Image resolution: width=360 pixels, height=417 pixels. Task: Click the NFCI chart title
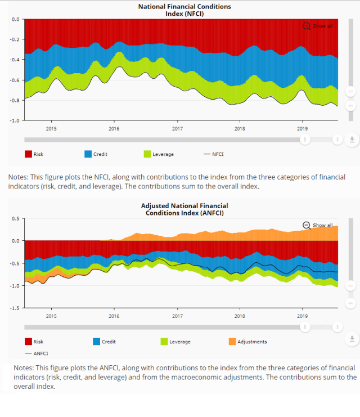click(184, 10)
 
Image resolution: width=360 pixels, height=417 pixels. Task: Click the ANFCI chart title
click(184, 209)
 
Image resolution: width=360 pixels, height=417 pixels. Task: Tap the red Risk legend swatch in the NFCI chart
click(28, 154)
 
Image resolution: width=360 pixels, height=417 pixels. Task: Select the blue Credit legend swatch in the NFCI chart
click(88, 154)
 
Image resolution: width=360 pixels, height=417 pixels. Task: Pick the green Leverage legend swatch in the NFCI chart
click(148, 154)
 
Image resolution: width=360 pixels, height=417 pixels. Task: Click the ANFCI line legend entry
click(37, 354)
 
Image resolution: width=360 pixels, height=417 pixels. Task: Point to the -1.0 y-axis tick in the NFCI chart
click(15, 120)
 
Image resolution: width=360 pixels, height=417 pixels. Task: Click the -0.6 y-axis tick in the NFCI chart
click(15, 80)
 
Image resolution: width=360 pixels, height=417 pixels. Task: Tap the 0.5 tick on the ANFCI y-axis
click(16, 218)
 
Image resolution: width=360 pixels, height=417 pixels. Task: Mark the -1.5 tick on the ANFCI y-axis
click(15, 308)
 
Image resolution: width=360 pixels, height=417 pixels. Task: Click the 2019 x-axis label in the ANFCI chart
click(302, 316)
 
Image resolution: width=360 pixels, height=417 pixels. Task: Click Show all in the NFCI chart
click(322, 26)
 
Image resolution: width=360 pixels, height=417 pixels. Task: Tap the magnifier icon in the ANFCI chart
click(306, 225)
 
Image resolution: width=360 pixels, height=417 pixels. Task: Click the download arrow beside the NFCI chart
click(352, 139)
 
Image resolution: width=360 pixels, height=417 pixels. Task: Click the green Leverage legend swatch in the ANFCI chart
click(164, 342)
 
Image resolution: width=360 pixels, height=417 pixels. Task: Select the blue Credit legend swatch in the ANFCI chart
click(96, 342)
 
